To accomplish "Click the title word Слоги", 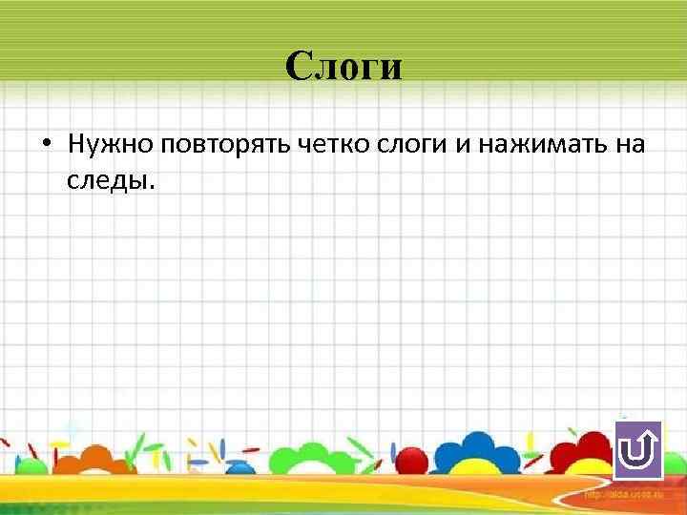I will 343,67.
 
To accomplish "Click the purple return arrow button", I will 637,451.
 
